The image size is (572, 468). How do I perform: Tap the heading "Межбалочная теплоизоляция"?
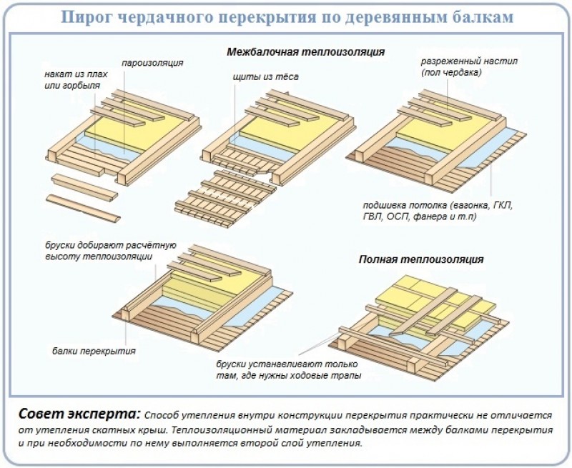coord(305,52)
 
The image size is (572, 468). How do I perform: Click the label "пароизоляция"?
coord(154,63)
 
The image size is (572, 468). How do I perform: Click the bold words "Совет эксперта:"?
coord(79,415)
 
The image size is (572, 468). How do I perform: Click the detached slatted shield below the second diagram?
coord(228,196)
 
